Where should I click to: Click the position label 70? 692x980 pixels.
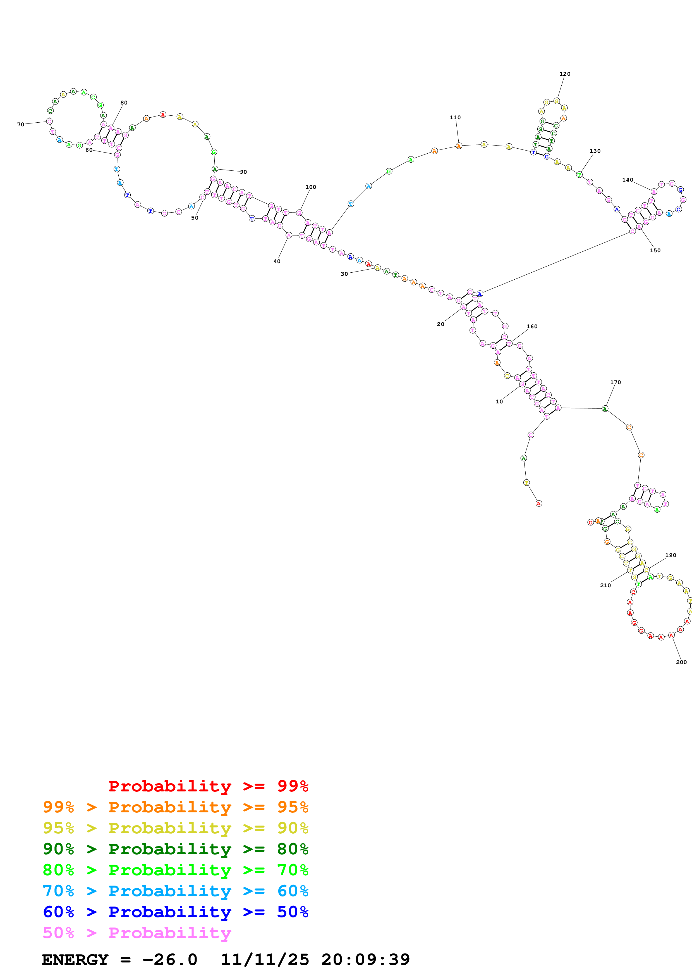(x=20, y=125)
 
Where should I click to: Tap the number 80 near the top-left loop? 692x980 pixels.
(x=124, y=103)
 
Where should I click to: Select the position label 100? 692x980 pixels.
(x=310, y=187)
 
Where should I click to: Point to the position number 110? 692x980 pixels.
(x=455, y=117)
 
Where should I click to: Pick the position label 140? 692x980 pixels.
(x=627, y=180)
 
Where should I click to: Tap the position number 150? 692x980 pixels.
(x=655, y=251)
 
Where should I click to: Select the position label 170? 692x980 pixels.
(x=615, y=382)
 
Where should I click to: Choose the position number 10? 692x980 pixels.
(x=499, y=402)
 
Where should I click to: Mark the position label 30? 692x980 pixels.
(x=344, y=274)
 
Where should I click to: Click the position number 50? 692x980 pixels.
(x=195, y=218)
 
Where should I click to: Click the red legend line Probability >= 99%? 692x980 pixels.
(x=208, y=786)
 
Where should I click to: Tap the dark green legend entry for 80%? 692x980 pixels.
(x=175, y=849)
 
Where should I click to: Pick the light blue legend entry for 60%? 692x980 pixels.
(x=175, y=891)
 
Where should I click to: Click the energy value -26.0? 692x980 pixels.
(x=170, y=960)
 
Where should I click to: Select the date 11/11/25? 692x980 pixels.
(x=264, y=960)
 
